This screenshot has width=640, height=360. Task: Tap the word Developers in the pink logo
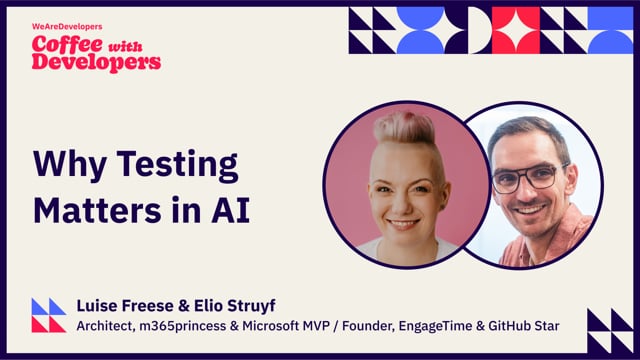click(96, 61)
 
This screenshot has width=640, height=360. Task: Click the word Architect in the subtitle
click(108, 325)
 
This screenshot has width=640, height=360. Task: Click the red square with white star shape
click(515, 30)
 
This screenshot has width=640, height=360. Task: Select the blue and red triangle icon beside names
click(48, 315)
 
